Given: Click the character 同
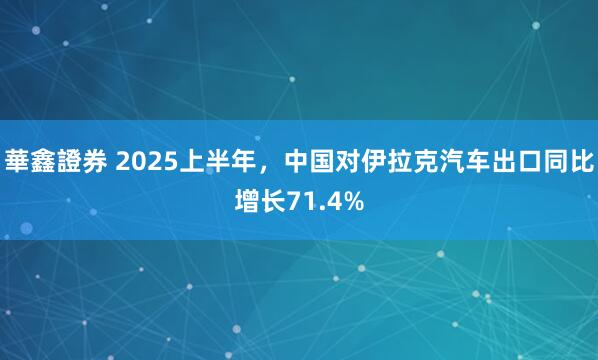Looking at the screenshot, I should (x=557, y=161).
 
